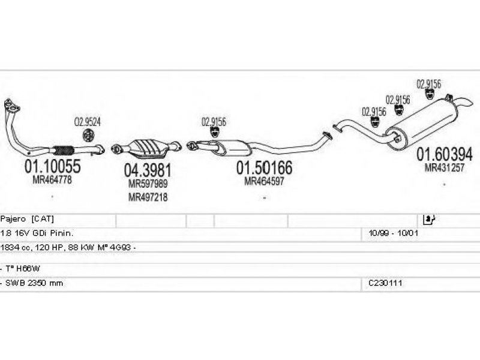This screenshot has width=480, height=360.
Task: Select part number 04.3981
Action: point(148,169)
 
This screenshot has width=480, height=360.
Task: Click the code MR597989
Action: point(148,184)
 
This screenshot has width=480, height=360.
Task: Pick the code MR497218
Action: point(148,197)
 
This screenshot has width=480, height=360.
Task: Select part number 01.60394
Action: point(445,154)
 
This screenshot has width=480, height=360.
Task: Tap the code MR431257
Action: point(445,169)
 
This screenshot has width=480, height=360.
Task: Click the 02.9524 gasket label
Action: point(88,121)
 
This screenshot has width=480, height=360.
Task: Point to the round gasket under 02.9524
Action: point(88,134)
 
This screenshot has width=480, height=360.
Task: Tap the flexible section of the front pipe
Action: point(63,150)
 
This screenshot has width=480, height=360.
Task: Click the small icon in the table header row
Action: point(428,219)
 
